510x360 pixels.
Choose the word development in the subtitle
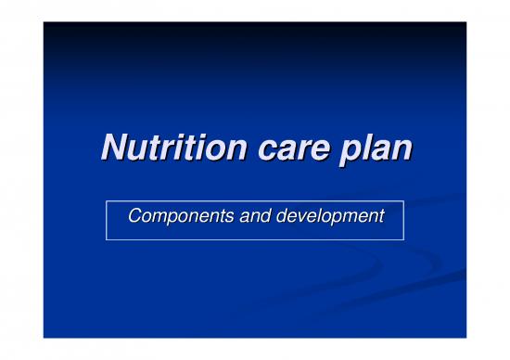coord(330,217)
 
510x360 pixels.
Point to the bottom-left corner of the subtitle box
coord(106,240)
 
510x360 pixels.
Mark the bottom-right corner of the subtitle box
coord(404,240)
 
